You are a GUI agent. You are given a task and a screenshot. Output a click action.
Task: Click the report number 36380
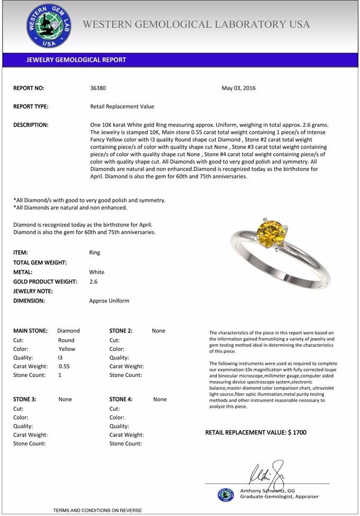tap(98, 88)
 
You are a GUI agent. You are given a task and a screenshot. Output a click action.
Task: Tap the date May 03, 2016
tap(238, 88)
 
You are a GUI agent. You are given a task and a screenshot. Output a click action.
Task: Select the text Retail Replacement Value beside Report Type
tap(122, 106)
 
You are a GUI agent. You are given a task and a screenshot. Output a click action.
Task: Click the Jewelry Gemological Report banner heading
tap(76, 60)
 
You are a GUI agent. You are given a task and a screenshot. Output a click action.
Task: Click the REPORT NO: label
tap(29, 88)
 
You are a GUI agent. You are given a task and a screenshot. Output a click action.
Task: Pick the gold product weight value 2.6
tap(94, 282)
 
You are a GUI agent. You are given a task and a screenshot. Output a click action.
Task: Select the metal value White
tap(97, 272)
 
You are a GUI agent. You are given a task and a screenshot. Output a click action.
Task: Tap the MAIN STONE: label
tap(30, 331)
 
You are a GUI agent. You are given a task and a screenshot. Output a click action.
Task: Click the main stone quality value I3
tap(60, 358)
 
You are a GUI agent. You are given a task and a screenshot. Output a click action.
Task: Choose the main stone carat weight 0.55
tap(64, 366)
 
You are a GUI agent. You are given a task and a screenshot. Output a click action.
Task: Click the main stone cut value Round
tap(66, 340)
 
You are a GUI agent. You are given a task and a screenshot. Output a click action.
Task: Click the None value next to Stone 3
tap(65, 400)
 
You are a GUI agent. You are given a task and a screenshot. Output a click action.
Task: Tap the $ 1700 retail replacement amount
tap(297, 432)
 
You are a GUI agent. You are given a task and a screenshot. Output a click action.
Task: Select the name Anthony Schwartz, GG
tap(267, 491)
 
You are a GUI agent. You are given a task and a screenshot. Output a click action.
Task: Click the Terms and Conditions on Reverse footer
tap(97, 510)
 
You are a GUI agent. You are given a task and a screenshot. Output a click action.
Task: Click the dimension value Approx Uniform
tap(109, 301)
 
